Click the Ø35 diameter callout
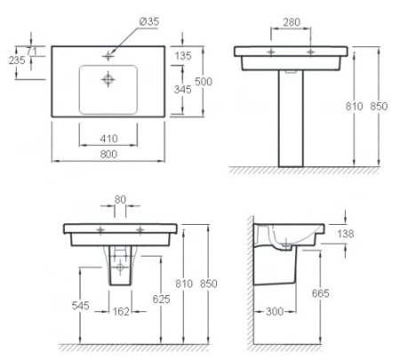click(x=148, y=21)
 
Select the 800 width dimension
click(x=108, y=155)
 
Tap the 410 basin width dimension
click(x=108, y=139)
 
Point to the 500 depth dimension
click(x=204, y=82)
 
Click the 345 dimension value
click(x=182, y=90)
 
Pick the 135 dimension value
click(x=183, y=56)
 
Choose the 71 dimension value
click(x=32, y=52)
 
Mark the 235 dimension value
click(x=17, y=60)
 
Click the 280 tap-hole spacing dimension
click(x=292, y=22)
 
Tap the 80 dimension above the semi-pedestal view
click(x=120, y=200)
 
